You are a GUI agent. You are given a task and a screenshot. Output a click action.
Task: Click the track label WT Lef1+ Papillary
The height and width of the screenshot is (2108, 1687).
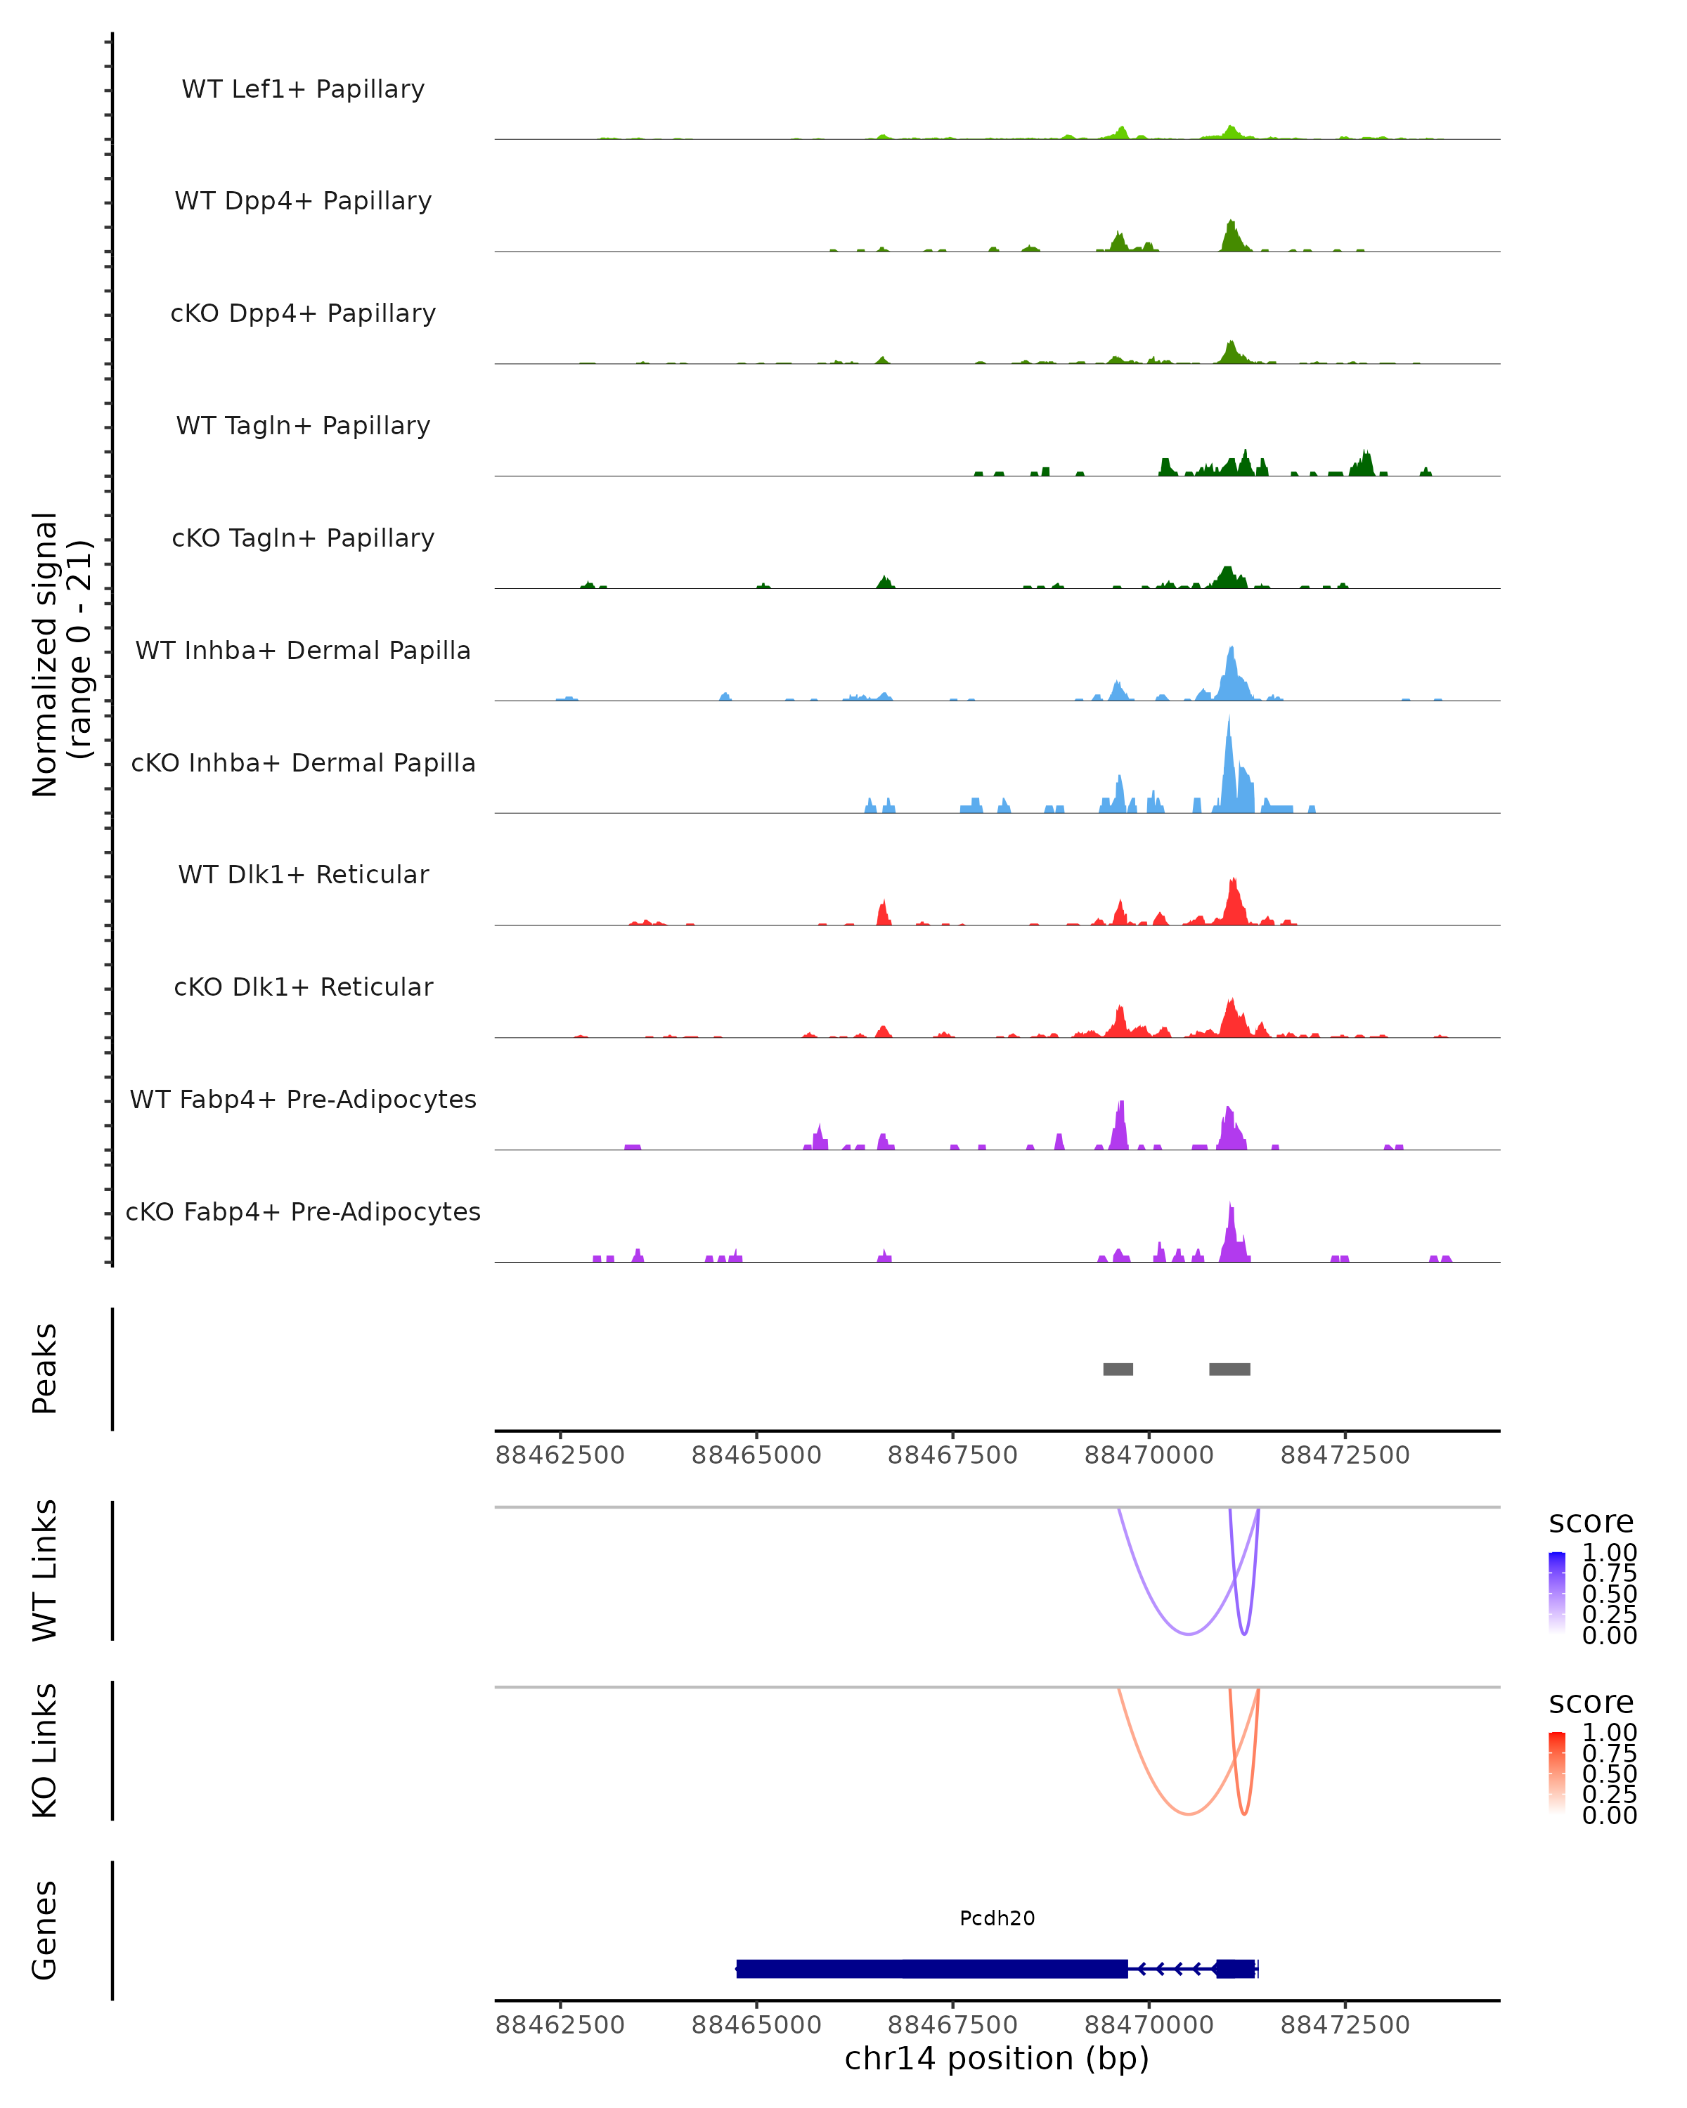click(x=303, y=89)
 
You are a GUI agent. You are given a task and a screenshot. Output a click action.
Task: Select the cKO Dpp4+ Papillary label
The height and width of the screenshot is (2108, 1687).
click(x=303, y=314)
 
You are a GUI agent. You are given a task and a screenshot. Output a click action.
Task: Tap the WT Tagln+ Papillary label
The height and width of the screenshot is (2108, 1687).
click(x=303, y=427)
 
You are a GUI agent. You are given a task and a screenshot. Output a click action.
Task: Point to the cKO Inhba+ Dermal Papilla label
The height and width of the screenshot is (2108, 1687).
click(x=303, y=764)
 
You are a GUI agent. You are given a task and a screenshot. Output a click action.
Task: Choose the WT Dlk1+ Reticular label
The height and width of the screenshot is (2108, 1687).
click(x=303, y=875)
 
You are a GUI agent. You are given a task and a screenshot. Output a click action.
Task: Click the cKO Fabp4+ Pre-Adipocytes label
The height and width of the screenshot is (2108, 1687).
click(x=303, y=1212)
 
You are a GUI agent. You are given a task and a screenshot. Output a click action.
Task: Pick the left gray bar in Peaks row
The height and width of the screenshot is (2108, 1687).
click(x=1118, y=1369)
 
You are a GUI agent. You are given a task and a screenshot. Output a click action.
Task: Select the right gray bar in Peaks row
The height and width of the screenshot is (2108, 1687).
click(x=1229, y=1369)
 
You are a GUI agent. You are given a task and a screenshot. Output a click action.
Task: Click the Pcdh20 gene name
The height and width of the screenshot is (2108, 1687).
click(x=997, y=1918)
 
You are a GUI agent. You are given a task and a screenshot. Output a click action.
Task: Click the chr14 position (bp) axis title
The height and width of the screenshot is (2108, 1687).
click(x=997, y=2058)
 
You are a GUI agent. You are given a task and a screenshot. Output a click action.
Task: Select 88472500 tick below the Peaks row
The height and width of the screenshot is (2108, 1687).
click(x=1345, y=1455)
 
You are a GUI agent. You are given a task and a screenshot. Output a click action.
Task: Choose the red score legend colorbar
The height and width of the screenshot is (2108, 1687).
click(x=1557, y=1773)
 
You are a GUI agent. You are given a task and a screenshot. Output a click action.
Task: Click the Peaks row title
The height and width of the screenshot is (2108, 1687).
click(x=45, y=1369)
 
